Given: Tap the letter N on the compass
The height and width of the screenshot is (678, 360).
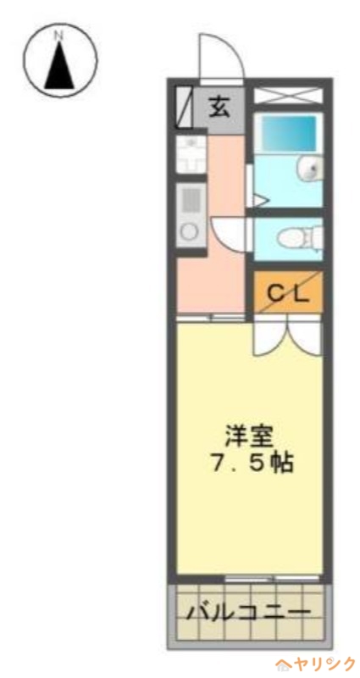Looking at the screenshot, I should (58, 36).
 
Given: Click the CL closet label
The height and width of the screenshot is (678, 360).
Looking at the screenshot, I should (288, 292).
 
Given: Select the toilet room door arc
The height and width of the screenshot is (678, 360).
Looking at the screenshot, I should (229, 233).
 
